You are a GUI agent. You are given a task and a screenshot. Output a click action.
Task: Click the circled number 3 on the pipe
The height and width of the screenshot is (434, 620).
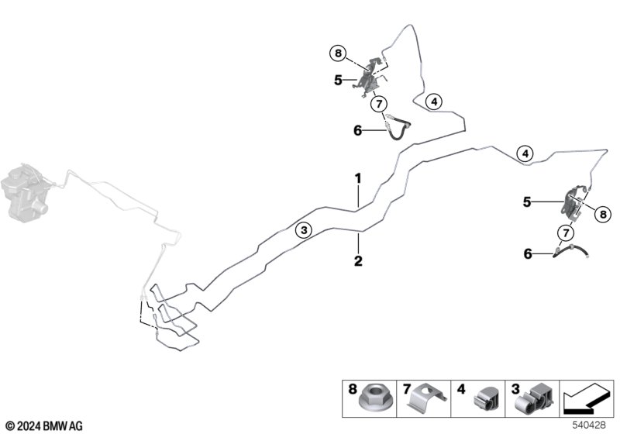(x=304, y=230)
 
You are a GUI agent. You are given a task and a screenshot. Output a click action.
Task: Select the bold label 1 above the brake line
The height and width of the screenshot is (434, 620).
(x=358, y=179)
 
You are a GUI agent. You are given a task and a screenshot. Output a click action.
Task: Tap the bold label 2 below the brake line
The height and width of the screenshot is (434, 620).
(x=358, y=261)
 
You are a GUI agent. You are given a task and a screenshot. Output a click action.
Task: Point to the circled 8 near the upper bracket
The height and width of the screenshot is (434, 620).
(x=338, y=53)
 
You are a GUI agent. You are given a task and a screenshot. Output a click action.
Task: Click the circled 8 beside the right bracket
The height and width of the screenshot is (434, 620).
(x=603, y=215)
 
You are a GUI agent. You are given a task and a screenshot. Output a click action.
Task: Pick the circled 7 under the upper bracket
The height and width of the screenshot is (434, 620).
(x=379, y=105)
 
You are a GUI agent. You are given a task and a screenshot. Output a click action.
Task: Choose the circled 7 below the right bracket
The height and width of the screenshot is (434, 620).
(x=566, y=232)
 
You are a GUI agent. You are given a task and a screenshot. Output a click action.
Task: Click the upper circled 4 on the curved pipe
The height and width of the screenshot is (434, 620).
(x=434, y=102)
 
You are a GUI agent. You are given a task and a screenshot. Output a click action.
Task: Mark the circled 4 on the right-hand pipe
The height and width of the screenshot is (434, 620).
(x=525, y=153)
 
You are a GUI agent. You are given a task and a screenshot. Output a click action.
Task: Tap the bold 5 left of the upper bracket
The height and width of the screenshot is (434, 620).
(x=338, y=81)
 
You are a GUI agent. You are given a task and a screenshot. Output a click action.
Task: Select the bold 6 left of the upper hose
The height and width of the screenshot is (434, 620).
(x=358, y=130)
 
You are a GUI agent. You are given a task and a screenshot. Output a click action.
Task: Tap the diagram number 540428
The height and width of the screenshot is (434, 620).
(x=589, y=425)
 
